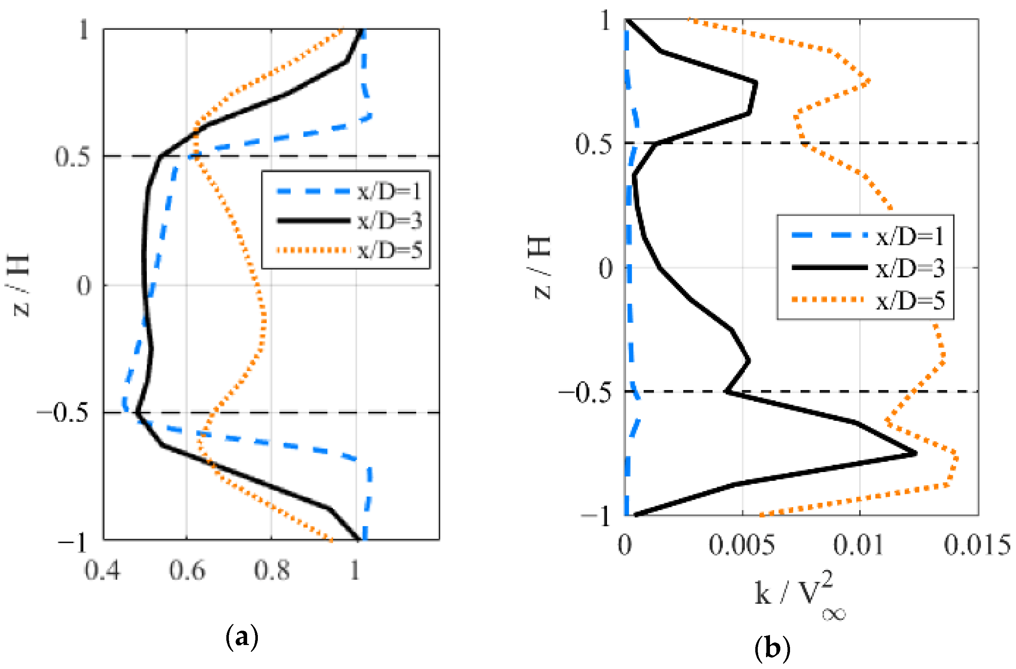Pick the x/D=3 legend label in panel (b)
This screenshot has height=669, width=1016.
point(910,269)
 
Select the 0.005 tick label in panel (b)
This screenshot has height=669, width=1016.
point(742,545)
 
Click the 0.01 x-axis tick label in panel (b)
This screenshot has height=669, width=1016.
point(858,545)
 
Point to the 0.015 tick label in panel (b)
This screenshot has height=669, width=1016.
point(977,545)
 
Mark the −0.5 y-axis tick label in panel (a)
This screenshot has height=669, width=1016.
point(64,413)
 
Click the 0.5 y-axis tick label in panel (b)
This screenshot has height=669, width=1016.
point(593,144)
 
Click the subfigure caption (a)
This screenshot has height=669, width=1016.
point(242,637)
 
